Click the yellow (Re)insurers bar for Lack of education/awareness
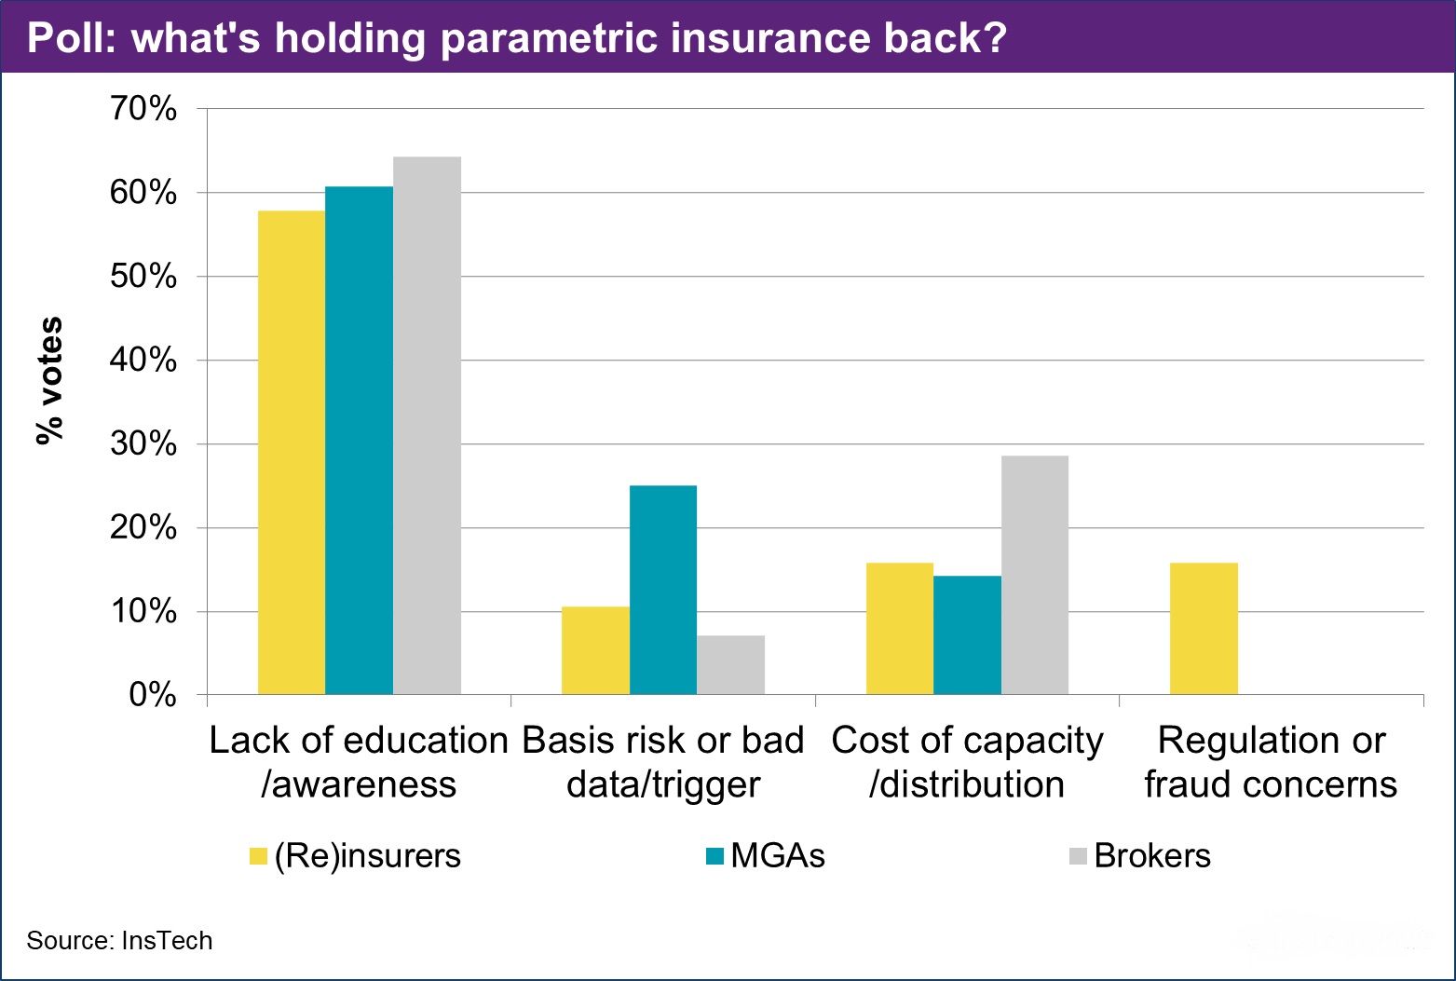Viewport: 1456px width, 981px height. (x=292, y=453)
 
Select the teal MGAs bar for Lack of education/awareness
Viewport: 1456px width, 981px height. (x=359, y=441)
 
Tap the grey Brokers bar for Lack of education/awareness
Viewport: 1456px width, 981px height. (x=427, y=426)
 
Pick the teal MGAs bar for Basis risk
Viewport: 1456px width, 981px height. (x=663, y=590)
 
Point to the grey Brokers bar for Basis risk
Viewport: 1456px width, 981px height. (x=730, y=665)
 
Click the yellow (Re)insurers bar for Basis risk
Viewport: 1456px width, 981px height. (x=595, y=650)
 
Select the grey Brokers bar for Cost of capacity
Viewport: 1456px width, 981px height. (x=1035, y=575)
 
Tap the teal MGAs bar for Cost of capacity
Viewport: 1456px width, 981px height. (x=967, y=635)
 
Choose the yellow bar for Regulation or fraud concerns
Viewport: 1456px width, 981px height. (x=1204, y=629)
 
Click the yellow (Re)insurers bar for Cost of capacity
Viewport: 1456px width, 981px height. (x=900, y=629)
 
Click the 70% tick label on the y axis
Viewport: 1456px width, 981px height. (x=143, y=109)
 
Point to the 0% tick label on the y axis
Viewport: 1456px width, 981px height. (x=153, y=695)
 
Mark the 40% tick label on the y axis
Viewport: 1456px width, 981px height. (x=143, y=360)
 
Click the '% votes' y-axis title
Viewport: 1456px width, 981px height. (x=48, y=380)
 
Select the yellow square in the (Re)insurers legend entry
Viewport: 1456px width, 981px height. (x=258, y=856)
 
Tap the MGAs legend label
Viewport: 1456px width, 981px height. (x=778, y=856)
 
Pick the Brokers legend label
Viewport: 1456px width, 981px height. (x=1152, y=856)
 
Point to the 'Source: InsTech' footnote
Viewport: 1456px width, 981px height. (x=119, y=941)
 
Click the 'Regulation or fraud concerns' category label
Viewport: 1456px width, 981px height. (x=1271, y=762)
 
